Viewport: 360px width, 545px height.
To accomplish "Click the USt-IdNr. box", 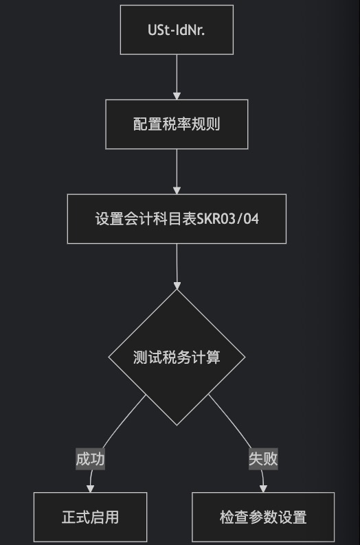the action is point(177,30).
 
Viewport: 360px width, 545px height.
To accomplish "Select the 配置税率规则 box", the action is point(177,124).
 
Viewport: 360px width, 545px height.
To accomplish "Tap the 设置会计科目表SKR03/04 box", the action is point(177,219).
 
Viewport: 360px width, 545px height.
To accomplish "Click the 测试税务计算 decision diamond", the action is point(177,358).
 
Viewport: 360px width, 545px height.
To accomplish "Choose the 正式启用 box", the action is point(90,517).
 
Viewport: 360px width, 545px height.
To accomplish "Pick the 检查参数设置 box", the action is point(263,517).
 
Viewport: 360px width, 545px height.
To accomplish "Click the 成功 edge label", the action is point(91,459).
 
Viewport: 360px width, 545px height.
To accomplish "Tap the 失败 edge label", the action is point(263,459).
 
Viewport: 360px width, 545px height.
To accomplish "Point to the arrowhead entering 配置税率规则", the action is point(177,96).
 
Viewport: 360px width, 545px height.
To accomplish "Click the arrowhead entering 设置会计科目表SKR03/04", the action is point(177,190).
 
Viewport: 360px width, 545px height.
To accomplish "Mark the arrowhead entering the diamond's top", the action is point(177,286).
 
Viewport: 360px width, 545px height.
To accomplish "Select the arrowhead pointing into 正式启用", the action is point(90,489).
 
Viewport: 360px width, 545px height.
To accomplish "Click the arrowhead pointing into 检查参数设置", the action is point(263,489).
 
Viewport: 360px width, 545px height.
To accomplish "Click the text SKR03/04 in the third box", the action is point(228,219).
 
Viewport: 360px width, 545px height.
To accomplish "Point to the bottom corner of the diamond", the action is point(177,426).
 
